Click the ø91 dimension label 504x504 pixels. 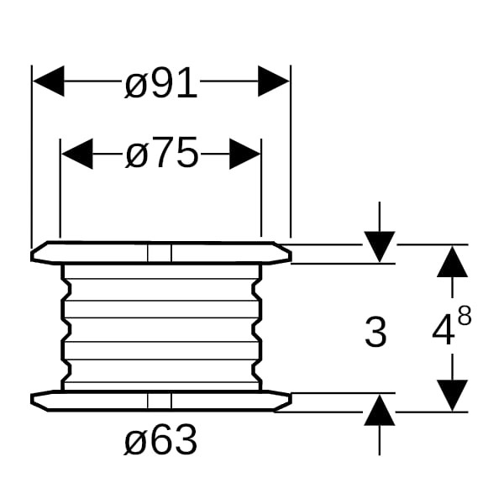click(160, 83)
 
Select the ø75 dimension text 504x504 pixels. click(161, 154)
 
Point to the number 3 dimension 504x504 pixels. click(375, 333)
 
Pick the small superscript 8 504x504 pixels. click(464, 316)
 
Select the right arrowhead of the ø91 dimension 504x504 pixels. click(274, 82)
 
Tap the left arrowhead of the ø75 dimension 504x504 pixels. click(76, 154)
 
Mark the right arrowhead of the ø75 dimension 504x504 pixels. click(245, 154)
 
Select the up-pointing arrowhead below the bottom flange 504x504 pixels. click(380, 412)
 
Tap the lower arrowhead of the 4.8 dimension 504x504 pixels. click(454, 395)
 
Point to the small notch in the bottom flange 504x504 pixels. click(159, 402)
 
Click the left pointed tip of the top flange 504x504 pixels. click(33, 254)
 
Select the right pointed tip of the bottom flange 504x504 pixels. click(290, 402)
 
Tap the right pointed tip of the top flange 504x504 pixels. click(290, 254)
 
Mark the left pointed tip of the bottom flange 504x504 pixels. click(33, 402)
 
